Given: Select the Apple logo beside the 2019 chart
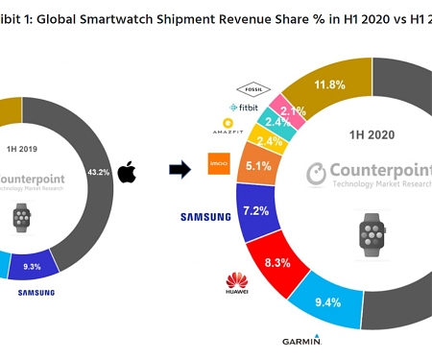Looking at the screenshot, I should [127, 173].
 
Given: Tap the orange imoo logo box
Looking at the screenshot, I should [219, 164].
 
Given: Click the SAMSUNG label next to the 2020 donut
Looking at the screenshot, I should [205, 217].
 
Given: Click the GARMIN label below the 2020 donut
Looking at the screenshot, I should [301, 341].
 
